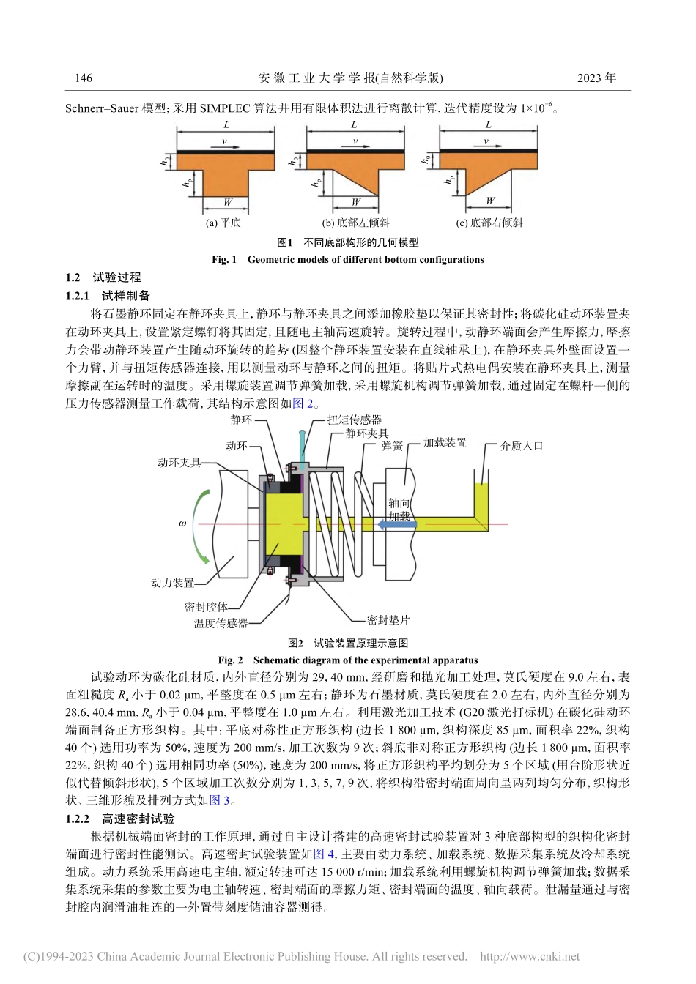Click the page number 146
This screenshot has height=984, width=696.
point(84,78)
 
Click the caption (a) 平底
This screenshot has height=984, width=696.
point(223,223)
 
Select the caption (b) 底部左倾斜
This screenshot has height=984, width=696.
point(355,223)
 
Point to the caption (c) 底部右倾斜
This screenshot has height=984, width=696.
point(489,223)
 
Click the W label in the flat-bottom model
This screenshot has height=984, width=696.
point(228,202)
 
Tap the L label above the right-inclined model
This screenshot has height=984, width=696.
point(489,125)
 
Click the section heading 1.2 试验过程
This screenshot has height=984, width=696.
point(103,277)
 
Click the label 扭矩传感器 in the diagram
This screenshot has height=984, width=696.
point(354,420)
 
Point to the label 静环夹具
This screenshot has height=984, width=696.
point(367,433)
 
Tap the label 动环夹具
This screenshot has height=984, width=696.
point(179,463)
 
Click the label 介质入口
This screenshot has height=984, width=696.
point(522,445)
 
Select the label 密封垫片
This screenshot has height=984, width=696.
point(388,620)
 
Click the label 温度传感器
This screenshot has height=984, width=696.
point(221,623)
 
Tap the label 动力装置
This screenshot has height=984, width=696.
point(173,583)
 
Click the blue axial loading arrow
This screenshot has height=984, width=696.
point(396,524)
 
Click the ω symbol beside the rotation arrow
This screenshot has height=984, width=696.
point(182,523)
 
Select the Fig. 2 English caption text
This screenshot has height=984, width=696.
point(347,660)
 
